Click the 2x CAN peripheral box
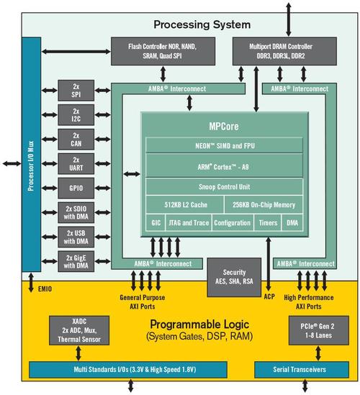76,138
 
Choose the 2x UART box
76,163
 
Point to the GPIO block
76,187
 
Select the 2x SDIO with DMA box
76,212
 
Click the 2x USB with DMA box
76,237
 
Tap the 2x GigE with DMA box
76,262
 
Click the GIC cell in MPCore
156,223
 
